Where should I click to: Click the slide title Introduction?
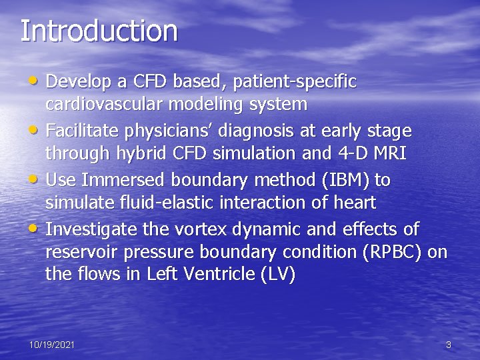[99, 31]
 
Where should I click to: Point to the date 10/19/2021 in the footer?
[51, 345]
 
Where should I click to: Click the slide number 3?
[448, 345]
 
